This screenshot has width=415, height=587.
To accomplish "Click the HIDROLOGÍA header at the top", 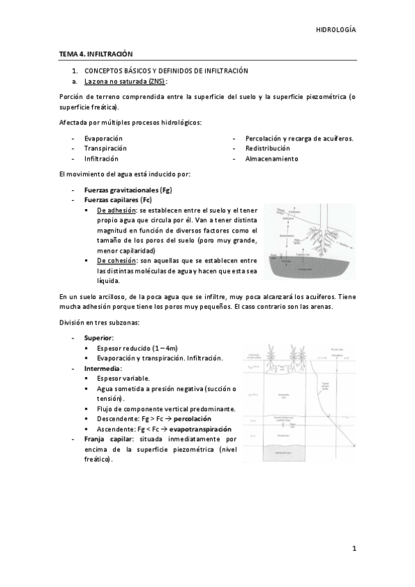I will (335, 30).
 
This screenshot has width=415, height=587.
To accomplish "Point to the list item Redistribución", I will (267, 148).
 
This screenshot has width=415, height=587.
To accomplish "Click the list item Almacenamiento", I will (272, 159).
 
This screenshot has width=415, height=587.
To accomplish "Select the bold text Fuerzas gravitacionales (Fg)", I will (123, 189).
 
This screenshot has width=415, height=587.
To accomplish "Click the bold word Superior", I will (98, 337).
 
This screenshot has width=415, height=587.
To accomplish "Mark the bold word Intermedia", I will (102, 368).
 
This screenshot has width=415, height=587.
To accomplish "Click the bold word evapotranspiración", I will (199, 429).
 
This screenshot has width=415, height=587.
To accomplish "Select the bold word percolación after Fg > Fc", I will (193, 419).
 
